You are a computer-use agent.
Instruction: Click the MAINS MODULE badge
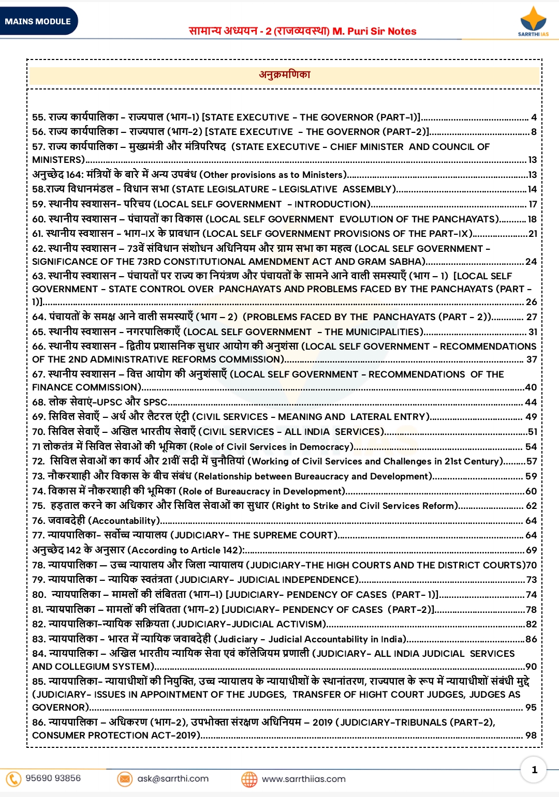[38, 21]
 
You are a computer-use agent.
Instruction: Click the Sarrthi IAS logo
[533, 21]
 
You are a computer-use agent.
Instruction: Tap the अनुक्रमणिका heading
[285, 74]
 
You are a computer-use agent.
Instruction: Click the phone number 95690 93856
[53, 778]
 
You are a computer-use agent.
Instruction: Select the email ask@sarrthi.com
[173, 778]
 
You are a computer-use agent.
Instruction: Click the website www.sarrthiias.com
[303, 779]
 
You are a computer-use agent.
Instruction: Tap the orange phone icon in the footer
[13, 778]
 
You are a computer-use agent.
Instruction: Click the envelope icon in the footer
[125, 778]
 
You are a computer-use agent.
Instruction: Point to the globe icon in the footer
[249, 779]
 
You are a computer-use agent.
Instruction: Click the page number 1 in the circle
[535, 770]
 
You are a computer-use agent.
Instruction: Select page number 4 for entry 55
[534, 117]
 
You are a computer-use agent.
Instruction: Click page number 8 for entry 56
[534, 132]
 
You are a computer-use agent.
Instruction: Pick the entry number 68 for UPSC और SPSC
[38, 402]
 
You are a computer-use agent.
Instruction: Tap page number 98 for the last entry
[531, 735]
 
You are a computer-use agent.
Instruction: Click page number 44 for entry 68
[531, 402]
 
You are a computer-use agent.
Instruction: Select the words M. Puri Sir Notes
[374, 31]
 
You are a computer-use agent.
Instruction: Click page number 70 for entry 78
[532, 565]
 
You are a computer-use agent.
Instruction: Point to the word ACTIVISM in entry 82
[301, 624]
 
